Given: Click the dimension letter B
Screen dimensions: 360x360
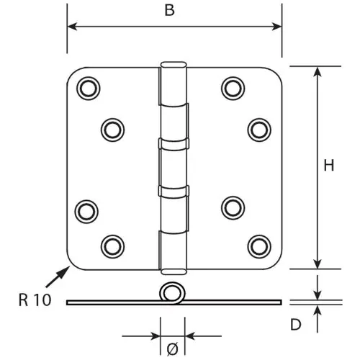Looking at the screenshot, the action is (x=169, y=11).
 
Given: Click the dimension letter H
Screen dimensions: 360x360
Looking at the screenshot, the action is (x=329, y=166).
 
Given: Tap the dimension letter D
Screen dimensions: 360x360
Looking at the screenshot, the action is (x=295, y=325).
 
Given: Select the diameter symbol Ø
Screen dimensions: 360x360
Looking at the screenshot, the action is (x=173, y=349).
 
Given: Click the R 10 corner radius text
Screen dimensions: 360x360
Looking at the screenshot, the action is (x=35, y=300).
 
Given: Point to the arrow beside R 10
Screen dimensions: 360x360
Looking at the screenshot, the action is (x=58, y=276).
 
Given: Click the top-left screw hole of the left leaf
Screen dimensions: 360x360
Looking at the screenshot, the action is (x=89, y=89).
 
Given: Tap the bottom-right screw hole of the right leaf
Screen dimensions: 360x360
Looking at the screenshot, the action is (x=259, y=246).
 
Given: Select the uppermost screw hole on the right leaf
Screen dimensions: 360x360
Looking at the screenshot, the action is (x=233, y=89).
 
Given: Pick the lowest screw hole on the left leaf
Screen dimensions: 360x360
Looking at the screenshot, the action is (x=112, y=246).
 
